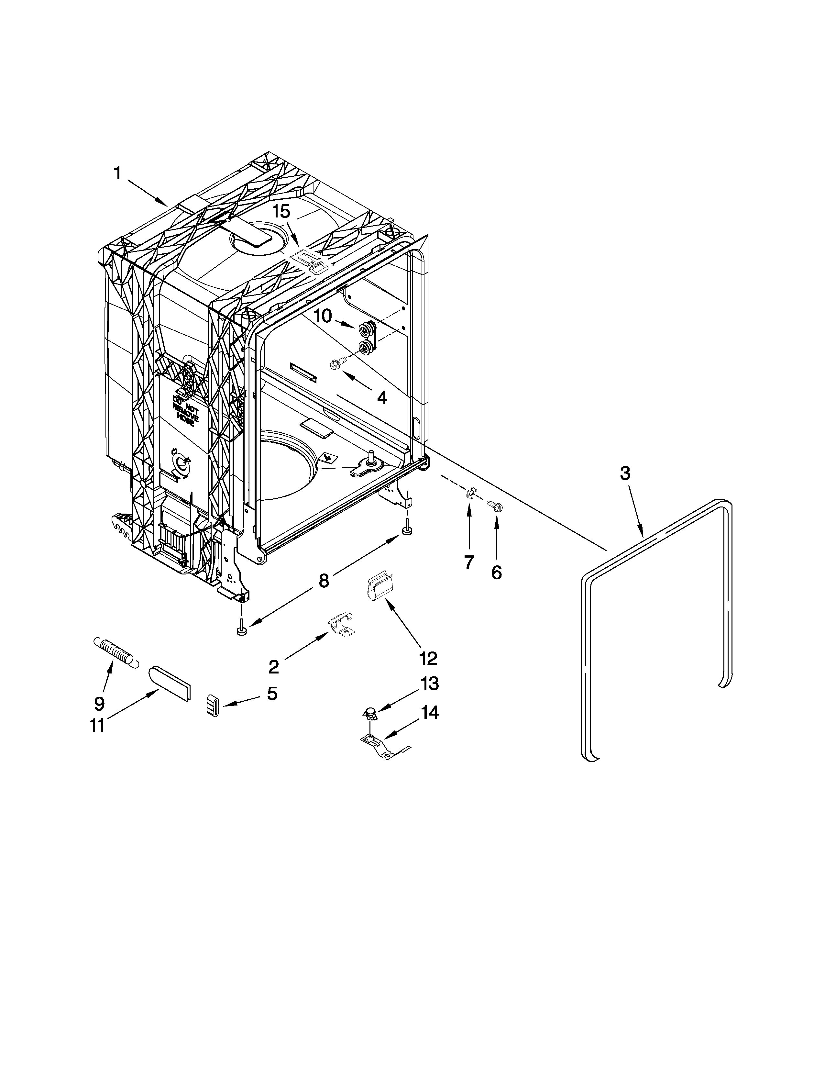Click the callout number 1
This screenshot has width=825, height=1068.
pyautogui.click(x=117, y=173)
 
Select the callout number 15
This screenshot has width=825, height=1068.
pyautogui.click(x=281, y=212)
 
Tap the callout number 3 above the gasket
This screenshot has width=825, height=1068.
pyautogui.click(x=625, y=473)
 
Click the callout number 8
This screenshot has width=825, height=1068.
pyautogui.click(x=323, y=581)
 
